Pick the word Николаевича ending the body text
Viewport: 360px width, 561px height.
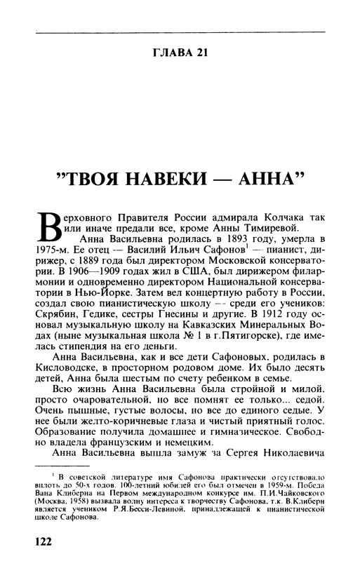[283, 457]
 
